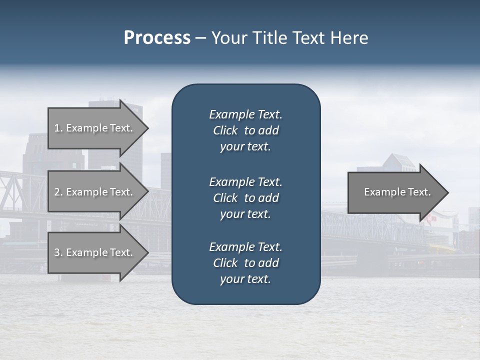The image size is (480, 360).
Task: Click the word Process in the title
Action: (157, 38)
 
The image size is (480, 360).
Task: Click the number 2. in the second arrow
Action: (58, 192)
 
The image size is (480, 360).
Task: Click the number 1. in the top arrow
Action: (58, 128)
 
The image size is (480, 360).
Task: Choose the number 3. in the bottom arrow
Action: (58, 252)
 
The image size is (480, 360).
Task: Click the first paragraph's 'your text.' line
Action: (245, 147)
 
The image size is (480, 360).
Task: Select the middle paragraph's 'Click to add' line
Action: (245, 198)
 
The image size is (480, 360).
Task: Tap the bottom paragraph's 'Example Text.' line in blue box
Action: (245, 247)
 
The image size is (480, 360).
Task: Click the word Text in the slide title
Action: (307, 38)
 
